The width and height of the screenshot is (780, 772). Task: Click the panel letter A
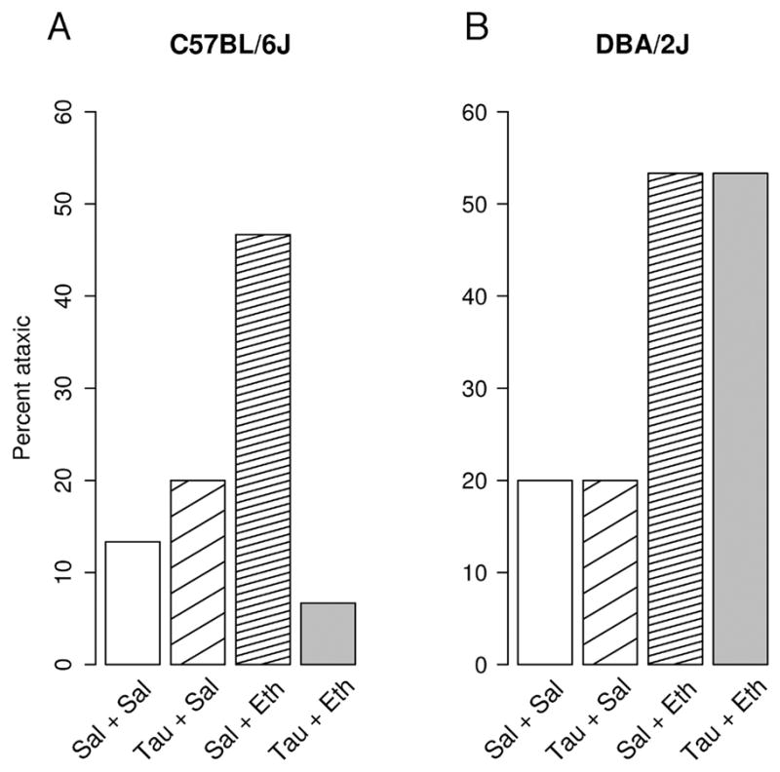[x=60, y=27]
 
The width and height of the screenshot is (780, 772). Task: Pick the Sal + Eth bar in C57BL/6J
[x=263, y=449]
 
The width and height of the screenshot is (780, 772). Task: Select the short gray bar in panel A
[x=329, y=634]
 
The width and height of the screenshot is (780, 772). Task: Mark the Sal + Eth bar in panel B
[x=676, y=419]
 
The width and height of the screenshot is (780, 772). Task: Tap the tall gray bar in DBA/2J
[x=741, y=419]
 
